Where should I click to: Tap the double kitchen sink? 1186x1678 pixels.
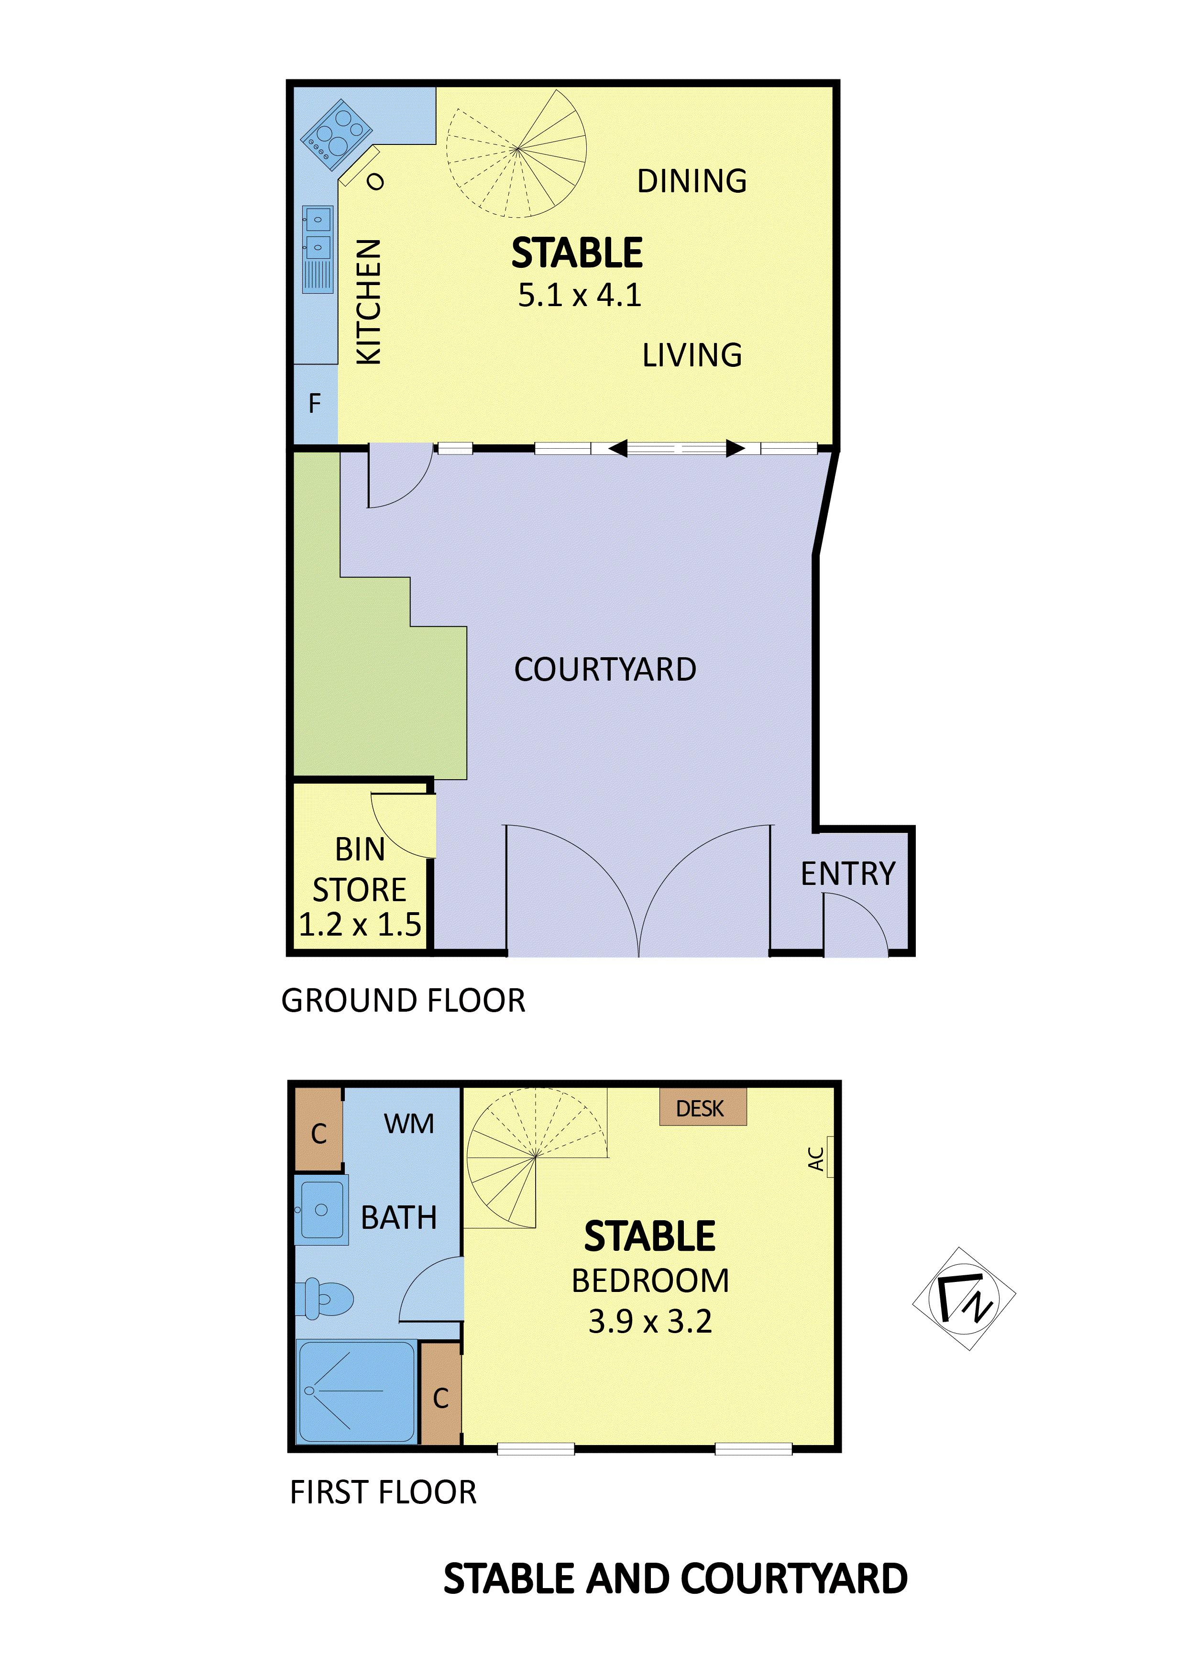(318, 234)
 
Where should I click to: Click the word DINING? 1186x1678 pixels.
(692, 181)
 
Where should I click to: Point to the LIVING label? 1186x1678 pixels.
(692, 355)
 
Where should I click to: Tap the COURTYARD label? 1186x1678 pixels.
(604, 670)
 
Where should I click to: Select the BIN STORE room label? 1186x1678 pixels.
(360, 870)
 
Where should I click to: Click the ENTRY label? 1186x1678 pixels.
(848, 873)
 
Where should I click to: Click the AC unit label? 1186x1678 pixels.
(816, 1159)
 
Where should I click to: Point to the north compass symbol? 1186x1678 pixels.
(964, 1299)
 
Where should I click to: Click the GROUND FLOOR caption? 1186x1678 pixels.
(403, 1001)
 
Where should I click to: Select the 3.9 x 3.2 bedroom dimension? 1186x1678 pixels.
(649, 1321)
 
